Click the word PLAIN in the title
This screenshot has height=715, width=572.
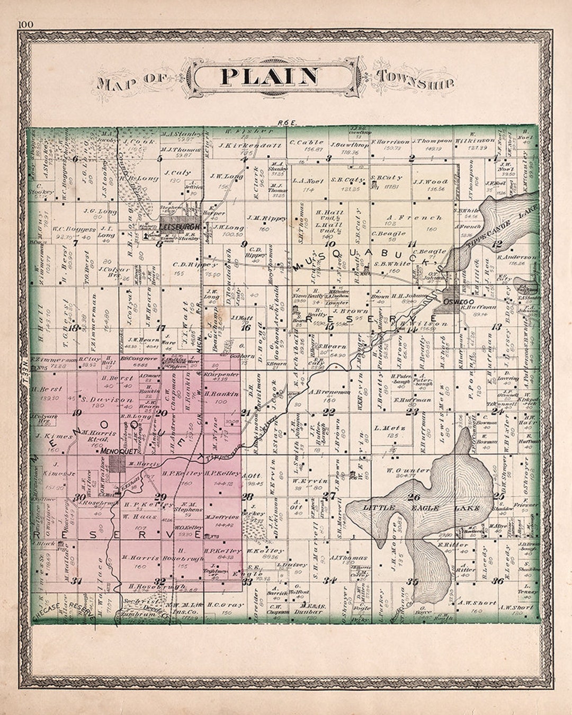click(269, 77)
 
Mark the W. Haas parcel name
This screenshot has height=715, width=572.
click(133, 515)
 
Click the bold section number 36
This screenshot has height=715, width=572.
click(497, 581)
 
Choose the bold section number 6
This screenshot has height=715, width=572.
click(75, 158)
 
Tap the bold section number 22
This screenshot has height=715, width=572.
click(329, 412)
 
